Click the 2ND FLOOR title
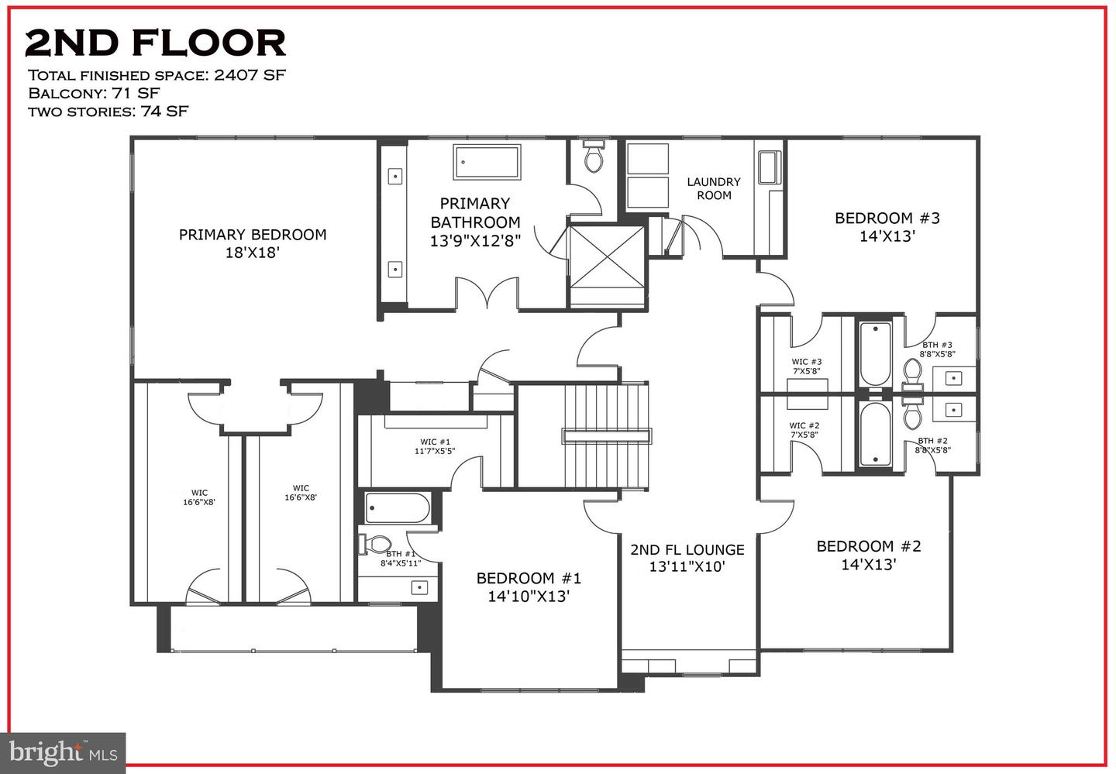pos(155,43)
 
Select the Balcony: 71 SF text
pos(94,93)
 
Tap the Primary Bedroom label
pos(252,243)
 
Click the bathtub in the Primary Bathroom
pos(487,162)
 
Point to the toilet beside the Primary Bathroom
pos(594,157)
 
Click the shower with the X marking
pos(607,266)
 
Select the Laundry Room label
pos(714,188)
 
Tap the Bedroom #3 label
pos(887,227)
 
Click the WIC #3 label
pos(806,366)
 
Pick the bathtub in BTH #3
pos(874,354)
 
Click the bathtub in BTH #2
pos(874,434)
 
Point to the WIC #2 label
pos(804,430)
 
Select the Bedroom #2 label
pos(869,555)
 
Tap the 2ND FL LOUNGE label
pos(687,558)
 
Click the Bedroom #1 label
pos(529,587)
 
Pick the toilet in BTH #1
pos(375,544)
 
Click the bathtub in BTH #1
pos(397,509)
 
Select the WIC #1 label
pos(434,445)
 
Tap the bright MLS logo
pos(63,752)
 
